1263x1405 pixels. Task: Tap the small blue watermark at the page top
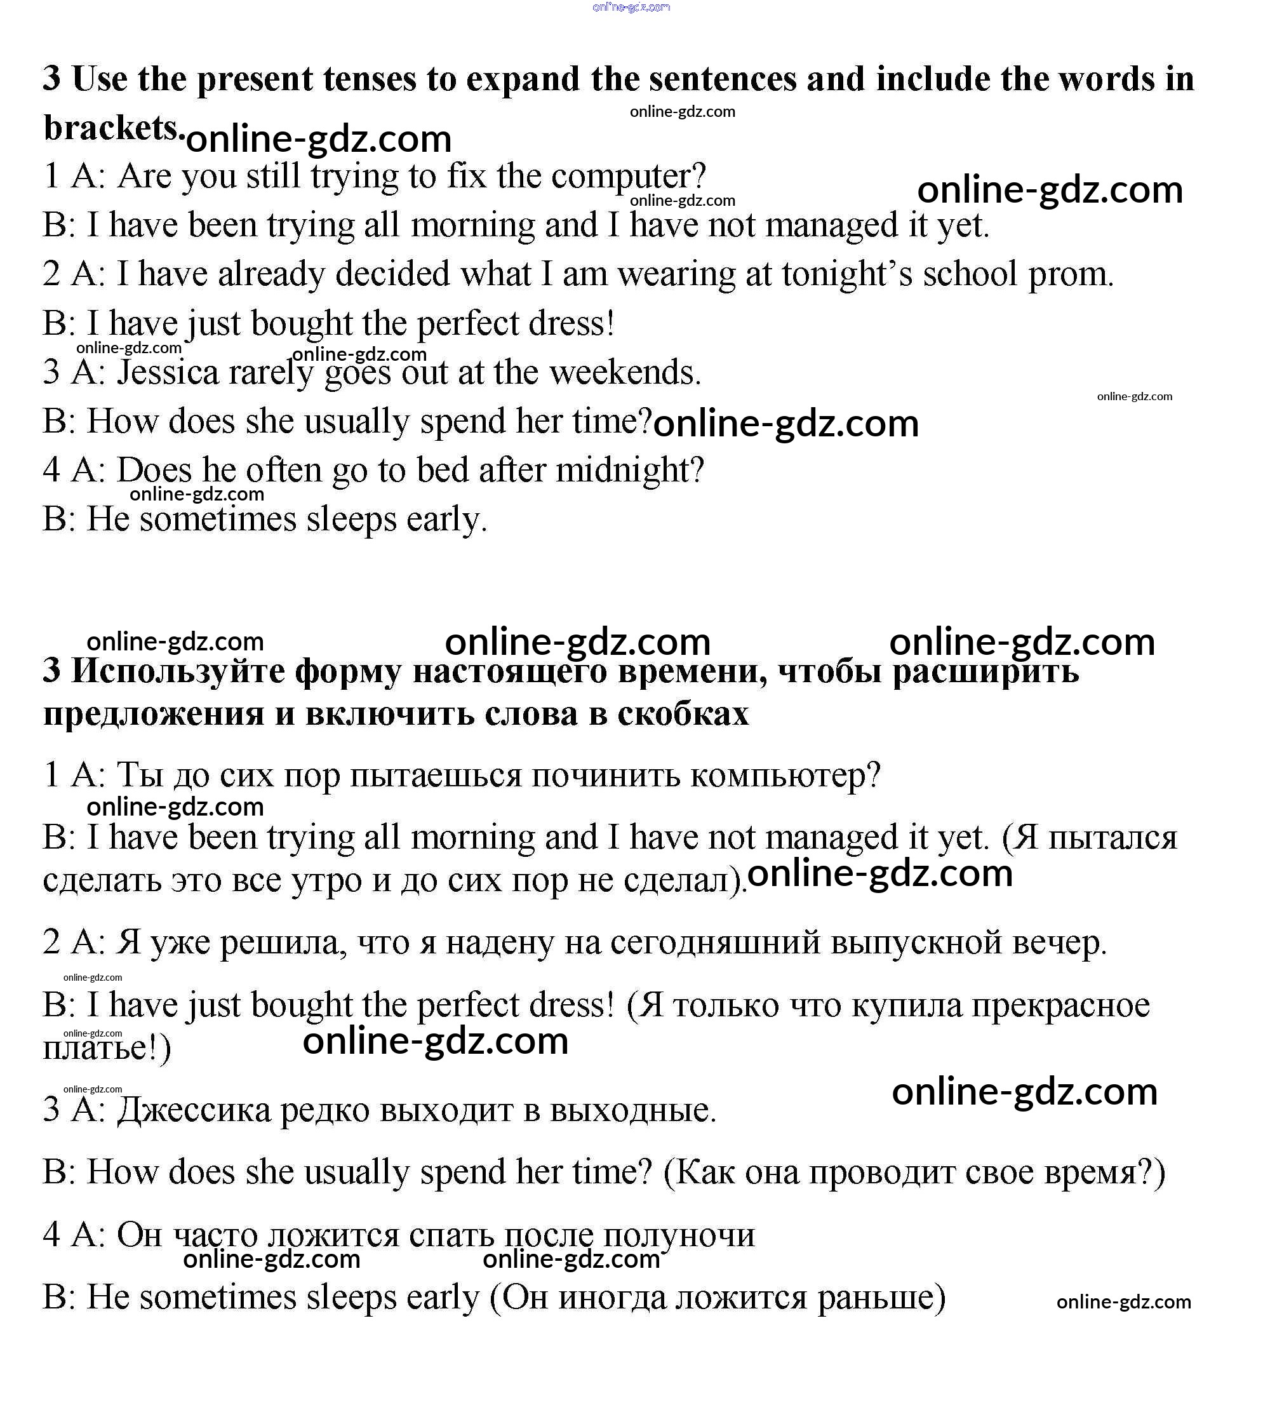click(631, 8)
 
